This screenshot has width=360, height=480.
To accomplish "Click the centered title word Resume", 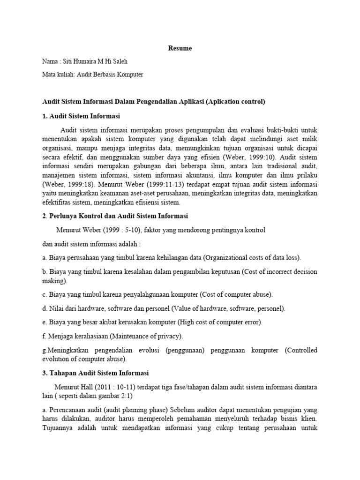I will [x=180, y=48].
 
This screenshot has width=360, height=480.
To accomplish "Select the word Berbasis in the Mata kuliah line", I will [x=109, y=75].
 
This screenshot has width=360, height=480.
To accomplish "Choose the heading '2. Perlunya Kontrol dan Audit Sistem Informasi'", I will [x=115, y=216].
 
